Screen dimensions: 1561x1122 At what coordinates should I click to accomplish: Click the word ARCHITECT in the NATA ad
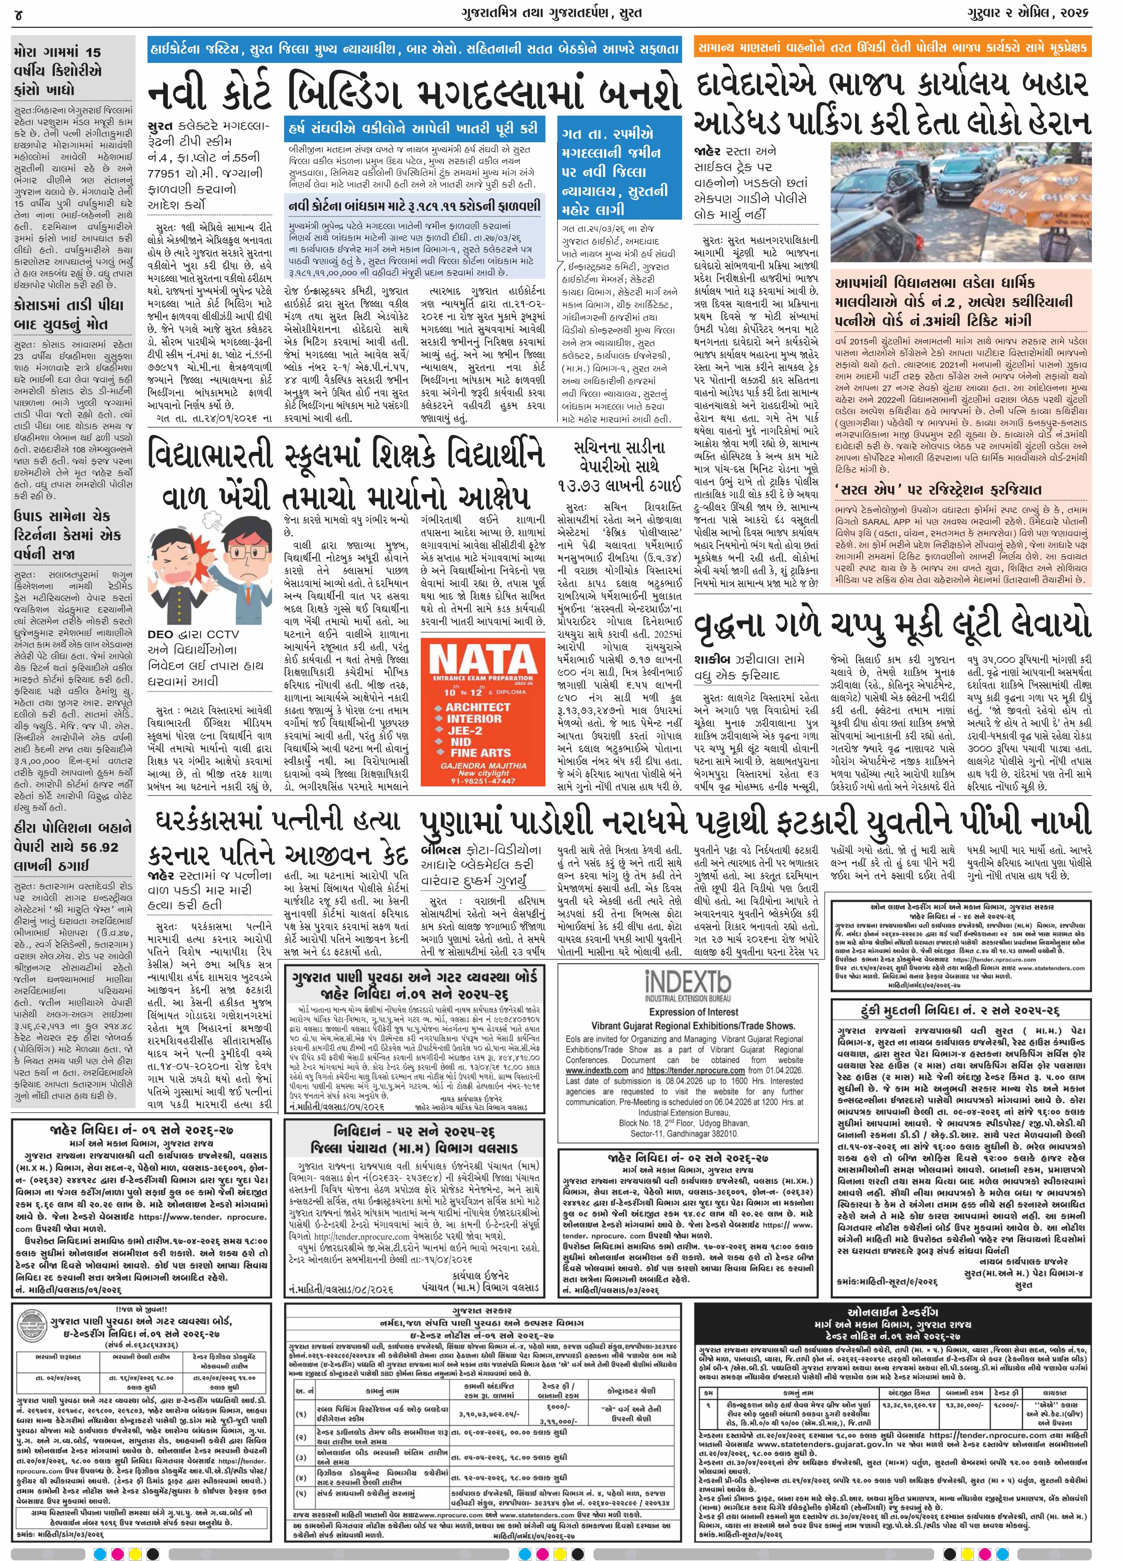pyautogui.click(x=477, y=707)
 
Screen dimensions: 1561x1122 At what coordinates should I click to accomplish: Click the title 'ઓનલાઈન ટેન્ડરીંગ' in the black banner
pyautogui.click(x=892, y=1311)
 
